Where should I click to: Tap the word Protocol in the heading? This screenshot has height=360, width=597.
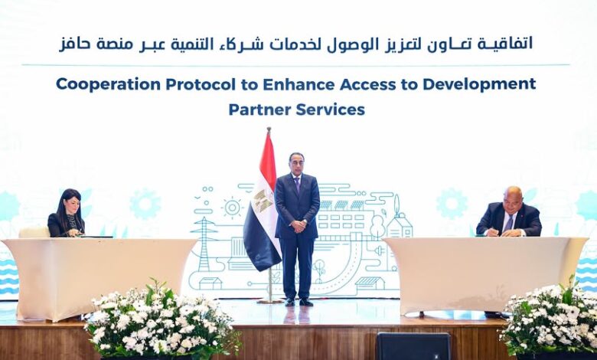[192, 83]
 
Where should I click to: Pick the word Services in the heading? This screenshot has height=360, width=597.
[332, 110]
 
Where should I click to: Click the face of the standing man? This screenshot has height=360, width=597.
[296, 162]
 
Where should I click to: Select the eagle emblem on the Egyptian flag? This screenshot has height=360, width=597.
[263, 201]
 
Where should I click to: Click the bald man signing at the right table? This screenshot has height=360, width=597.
[511, 213]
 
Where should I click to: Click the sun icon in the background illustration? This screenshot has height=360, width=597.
[230, 208]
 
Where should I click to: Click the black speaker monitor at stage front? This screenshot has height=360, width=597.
[413, 346]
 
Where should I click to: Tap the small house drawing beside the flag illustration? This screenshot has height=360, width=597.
[399, 225]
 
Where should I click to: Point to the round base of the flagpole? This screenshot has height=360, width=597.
[269, 300]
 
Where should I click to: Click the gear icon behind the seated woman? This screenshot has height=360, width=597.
[145, 205]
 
